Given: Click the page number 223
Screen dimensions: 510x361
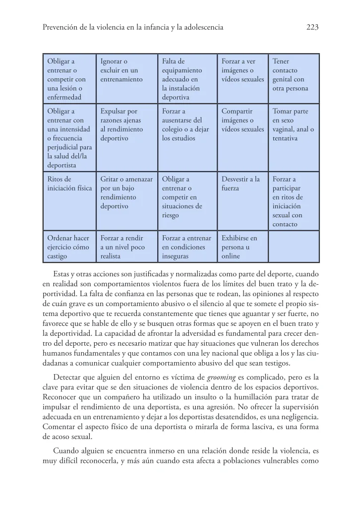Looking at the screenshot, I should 311,28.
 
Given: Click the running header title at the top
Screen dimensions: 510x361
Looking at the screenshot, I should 133,28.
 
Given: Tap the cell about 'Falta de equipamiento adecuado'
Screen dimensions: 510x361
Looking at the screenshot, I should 187,78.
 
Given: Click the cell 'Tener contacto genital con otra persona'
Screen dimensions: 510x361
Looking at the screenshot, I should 294,78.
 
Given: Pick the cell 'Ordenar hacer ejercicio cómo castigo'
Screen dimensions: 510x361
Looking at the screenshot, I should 68,247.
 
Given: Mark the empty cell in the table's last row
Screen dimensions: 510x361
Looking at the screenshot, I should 294,247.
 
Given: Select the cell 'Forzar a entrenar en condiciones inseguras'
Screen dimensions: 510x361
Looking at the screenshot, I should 187,247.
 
